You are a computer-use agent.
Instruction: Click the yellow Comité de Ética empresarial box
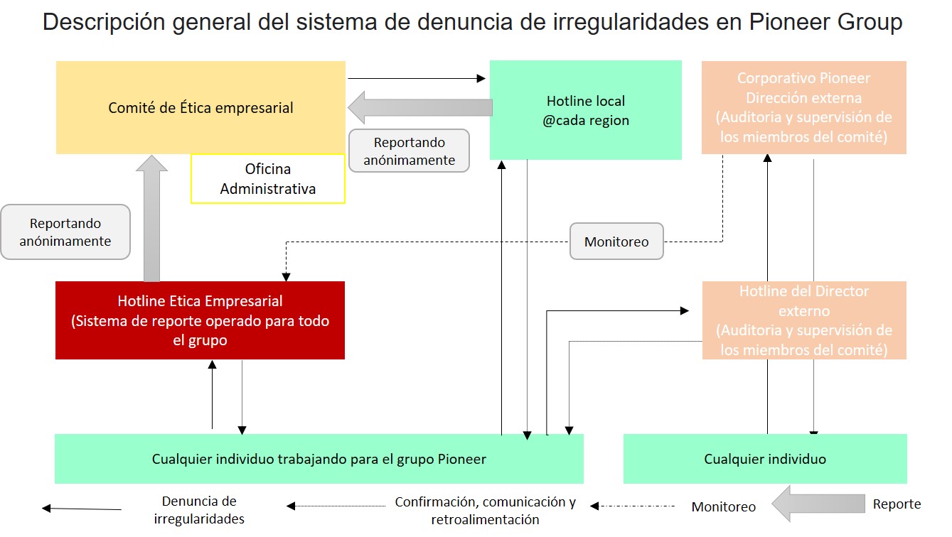pos(200,108)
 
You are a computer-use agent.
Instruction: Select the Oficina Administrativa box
pos(267,179)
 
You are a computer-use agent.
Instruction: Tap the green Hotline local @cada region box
pos(585,110)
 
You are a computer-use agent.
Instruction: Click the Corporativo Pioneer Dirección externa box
pos(803,107)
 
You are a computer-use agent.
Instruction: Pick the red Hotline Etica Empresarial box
pos(200,320)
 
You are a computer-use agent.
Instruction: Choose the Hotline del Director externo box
pos(803,320)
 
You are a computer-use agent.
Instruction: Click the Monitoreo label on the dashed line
pos(616,242)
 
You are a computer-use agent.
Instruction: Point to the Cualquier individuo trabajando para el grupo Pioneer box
pos(319,459)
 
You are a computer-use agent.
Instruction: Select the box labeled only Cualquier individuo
pos(765,459)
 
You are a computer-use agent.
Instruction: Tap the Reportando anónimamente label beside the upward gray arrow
pos(65,232)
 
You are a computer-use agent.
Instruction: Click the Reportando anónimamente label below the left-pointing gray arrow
pos(409,151)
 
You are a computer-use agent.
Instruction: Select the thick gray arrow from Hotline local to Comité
pos(419,107)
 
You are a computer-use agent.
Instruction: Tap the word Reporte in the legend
pos(897,504)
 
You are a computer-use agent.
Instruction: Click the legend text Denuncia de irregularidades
pos(199,510)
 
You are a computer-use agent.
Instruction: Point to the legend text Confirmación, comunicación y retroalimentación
pos(485,510)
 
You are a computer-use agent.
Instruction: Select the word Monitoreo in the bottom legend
pos(723,506)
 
